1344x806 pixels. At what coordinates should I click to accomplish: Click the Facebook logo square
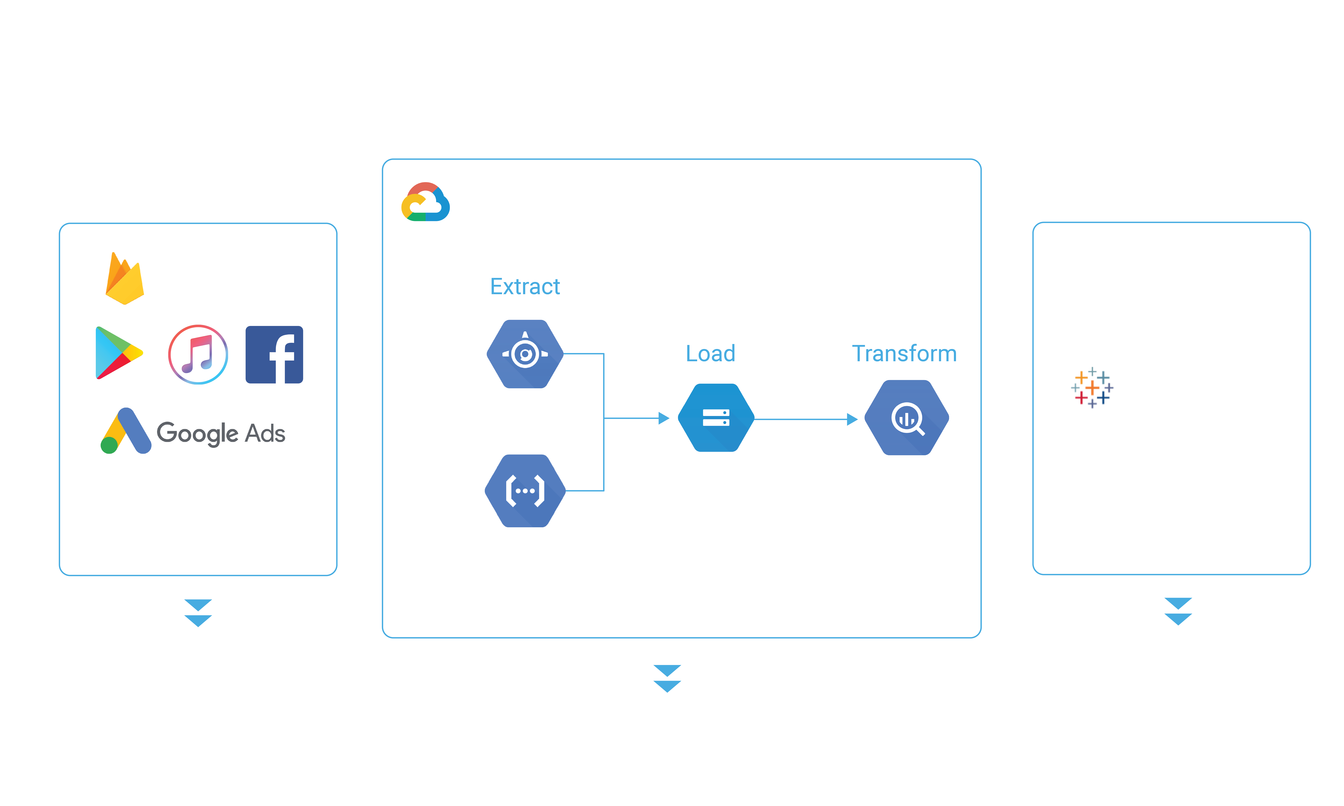coord(274,355)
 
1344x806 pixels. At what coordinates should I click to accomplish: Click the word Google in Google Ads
coord(197,433)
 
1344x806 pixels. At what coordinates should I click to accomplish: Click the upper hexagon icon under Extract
coord(525,354)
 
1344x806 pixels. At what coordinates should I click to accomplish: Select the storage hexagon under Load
coord(716,418)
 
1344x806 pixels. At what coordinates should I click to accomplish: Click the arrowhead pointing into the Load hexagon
coord(664,418)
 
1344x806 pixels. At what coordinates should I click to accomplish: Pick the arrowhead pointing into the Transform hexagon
coord(852,419)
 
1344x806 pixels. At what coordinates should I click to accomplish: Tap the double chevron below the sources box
coord(198,613)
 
